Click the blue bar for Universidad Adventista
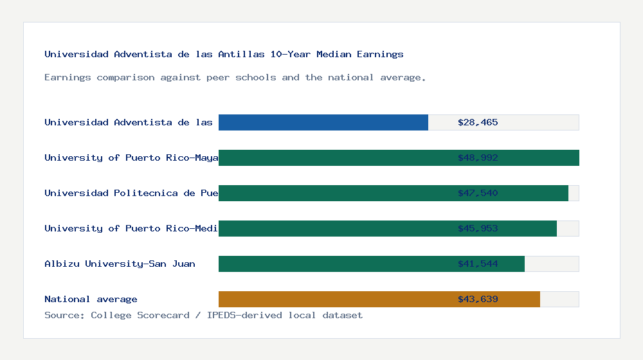point(323,122)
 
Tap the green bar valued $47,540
point(334,193)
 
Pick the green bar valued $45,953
point(334,228)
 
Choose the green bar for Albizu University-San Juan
point(334,264)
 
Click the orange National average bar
point(334,299)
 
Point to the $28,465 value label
point(478,122)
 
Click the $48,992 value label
point(478,157)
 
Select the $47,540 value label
point(478,193)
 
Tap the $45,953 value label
point(478,228)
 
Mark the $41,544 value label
point(478,264)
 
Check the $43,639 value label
point(478,299)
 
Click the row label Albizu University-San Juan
point(120,264)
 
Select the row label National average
point(91,299)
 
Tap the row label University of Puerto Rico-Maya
point(131,157)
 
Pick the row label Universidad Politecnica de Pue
point(131,193)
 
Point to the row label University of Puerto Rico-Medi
point(131,228)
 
